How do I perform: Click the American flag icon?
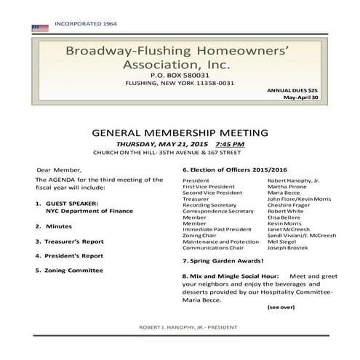[x=39, y=28]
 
